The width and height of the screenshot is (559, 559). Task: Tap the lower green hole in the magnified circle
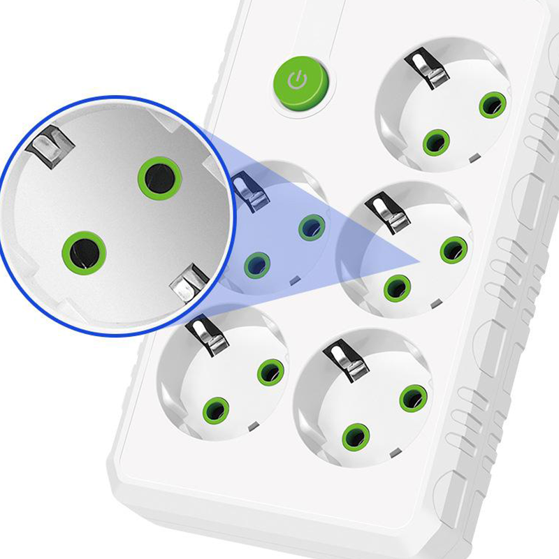(84, 252)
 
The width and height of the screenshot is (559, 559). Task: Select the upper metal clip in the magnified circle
(51, 147)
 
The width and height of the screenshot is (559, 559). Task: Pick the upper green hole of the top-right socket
(492, 106)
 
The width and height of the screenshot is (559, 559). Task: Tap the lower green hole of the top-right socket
(436, 143)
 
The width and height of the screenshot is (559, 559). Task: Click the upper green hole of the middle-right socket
(453, 249)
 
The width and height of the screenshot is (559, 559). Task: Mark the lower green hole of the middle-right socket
(398, 286)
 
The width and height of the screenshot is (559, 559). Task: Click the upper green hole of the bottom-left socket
(270, 372)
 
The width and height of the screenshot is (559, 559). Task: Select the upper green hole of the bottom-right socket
(413, 398)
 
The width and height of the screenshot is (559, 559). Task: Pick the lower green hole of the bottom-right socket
(356, 436)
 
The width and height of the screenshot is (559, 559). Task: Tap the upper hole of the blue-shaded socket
(311, 228)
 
